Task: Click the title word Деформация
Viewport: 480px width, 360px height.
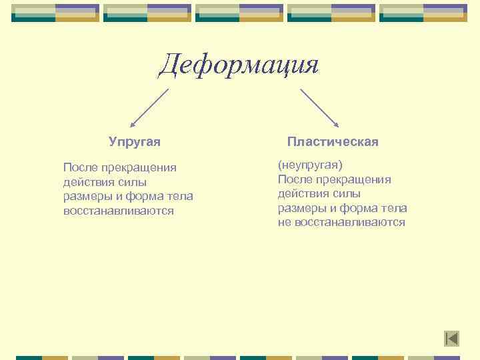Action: [x=239, y=65]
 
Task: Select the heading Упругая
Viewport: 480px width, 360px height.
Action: [x=135, y=142]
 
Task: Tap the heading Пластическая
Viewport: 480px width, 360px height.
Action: [x=333, y=142]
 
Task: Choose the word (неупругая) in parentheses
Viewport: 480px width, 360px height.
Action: [x=310, y=165]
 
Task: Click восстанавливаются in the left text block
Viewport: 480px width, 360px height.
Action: [x=118, y=211]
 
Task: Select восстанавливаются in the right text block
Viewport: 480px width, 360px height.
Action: [x=349, y=223]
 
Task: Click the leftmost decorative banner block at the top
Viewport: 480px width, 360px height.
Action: [x=55, y=13]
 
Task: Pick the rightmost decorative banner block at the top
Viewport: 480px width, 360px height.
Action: [x=423, y=13]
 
